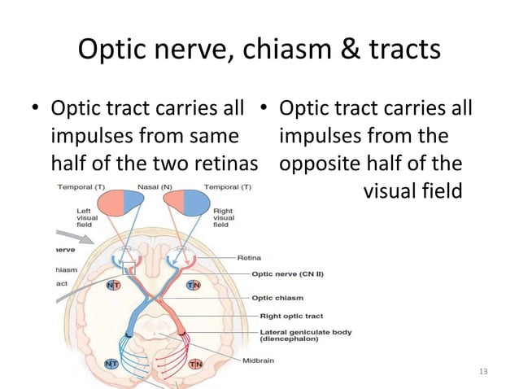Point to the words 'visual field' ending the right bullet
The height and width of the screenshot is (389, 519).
412,192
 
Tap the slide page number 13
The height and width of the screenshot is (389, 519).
483,372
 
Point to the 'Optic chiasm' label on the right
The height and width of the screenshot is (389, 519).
281,298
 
